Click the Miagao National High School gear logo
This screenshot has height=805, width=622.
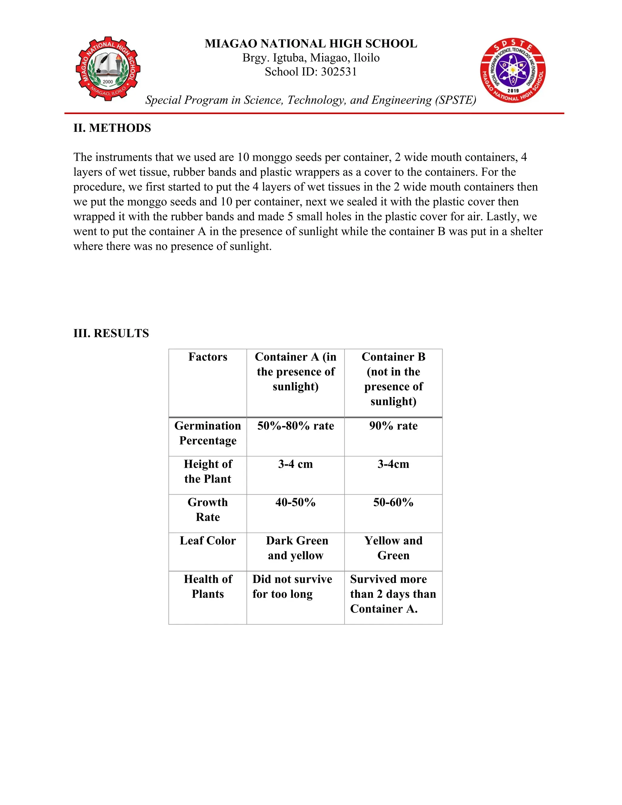[x=108, y=69]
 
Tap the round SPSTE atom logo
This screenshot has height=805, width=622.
[x=513, y=70]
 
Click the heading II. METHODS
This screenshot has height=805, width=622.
[x=112, y=128]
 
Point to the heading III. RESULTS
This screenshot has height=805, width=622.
[x=111, y=333]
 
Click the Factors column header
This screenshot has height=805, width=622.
[x=208, y=357]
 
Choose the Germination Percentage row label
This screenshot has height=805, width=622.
[x=208, y=433]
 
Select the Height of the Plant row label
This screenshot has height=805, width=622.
[x=208, y=471]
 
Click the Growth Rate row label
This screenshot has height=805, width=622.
[x=208, y=510]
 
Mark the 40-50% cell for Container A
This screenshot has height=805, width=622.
[x=296, y=502]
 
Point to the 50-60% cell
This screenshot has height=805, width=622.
[x=393, y=502]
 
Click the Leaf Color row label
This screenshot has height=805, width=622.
[x=208, y=541]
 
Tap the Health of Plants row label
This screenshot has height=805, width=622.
[x=208, y=586]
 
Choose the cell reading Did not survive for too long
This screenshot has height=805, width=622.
[x=292, y=586]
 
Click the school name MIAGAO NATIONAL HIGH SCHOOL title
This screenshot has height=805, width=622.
[x=311, y=43]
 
